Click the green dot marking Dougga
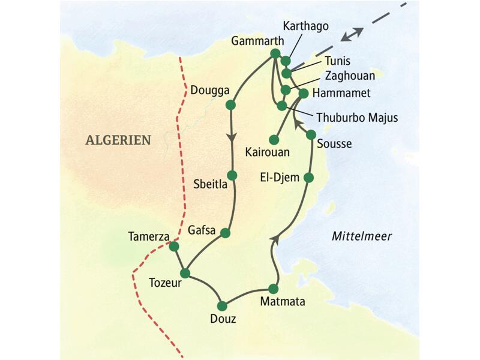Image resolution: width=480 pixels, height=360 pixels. tap(230, 105)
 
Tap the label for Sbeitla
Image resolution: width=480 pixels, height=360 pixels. tap(210, 184)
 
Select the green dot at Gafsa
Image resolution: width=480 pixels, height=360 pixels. tap(226, 233)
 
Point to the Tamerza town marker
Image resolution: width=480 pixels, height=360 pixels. tap(174, 246)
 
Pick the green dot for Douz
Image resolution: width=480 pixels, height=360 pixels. tap(223, 305)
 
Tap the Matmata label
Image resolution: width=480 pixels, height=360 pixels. tap(282, 302)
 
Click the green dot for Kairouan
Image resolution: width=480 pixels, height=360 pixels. tap(274, 139)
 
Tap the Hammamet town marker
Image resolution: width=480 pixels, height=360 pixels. tap(303, 93)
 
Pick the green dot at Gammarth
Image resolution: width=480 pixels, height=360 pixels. tap(275, 53)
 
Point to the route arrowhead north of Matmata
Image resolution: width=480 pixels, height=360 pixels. tap(274, 239)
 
